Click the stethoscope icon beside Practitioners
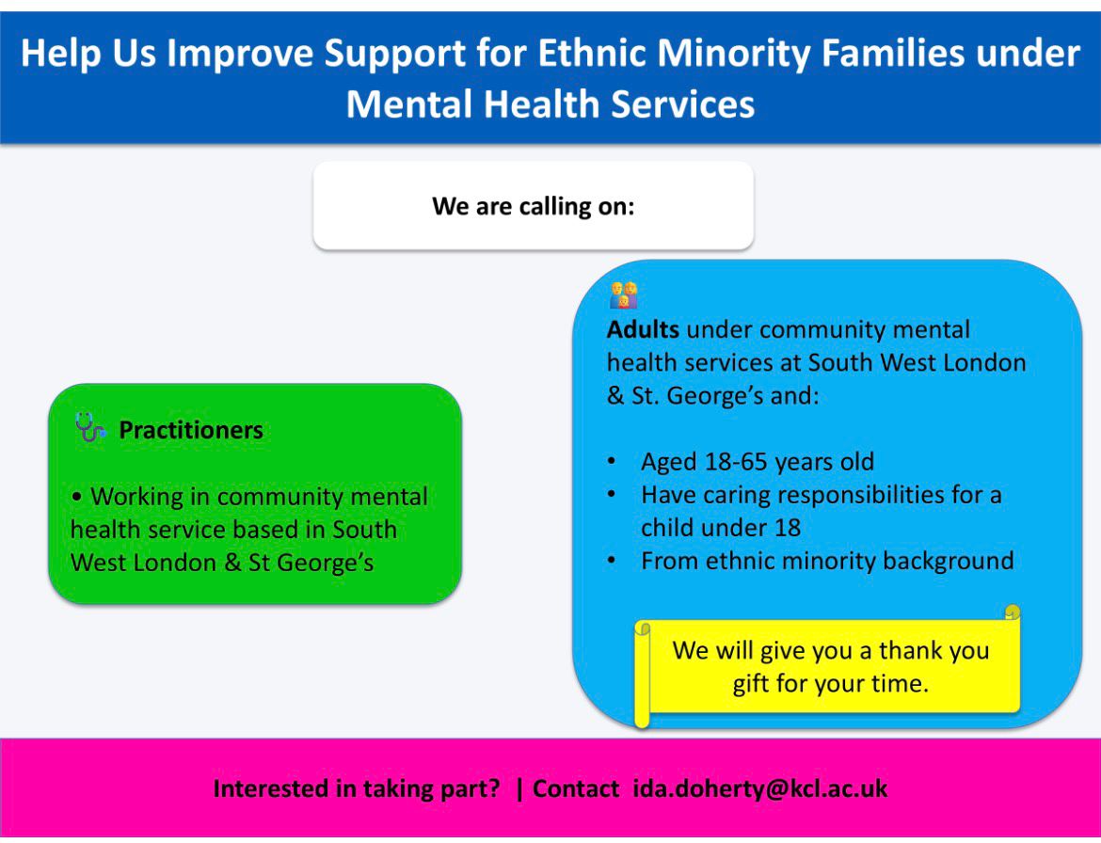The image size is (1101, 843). (90, 427)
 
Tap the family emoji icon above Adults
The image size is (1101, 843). (624, 295)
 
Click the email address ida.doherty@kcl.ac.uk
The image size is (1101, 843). (760, 788)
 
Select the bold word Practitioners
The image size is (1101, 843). (191, 430)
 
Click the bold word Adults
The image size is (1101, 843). (643, 329)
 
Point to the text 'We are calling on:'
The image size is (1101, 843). (534, 206)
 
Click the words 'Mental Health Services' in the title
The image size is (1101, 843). (550, 103)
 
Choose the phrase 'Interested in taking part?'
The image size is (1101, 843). (357, 788)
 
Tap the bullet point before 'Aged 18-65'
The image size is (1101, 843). (612, 461)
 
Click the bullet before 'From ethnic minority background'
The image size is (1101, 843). (612, 561)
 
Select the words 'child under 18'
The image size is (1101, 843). (721, 527)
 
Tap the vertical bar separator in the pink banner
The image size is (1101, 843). (519, 788)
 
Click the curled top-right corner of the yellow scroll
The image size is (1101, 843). (1012, 612)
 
